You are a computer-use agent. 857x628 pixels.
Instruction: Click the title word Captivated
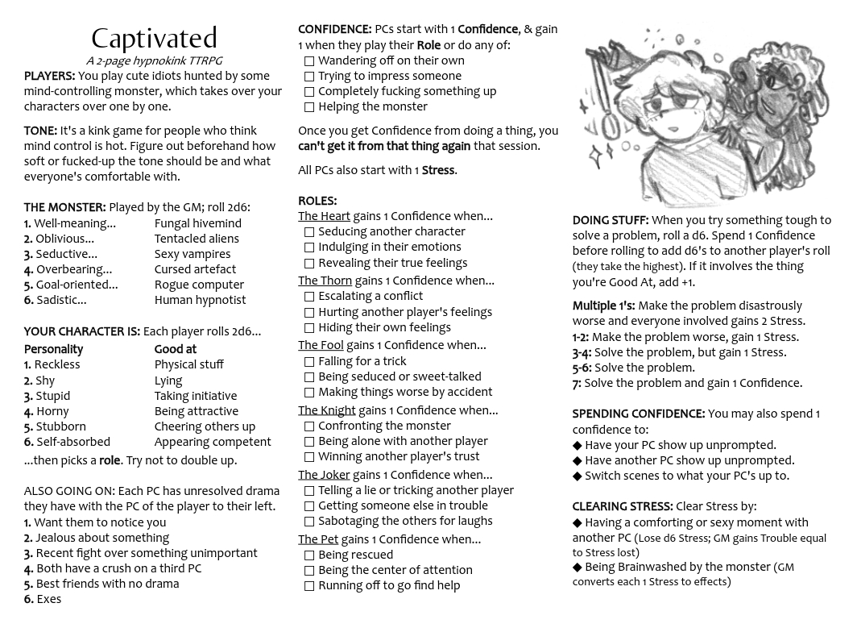pos(154,38)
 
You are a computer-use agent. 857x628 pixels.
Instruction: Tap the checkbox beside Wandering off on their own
pos(308,61)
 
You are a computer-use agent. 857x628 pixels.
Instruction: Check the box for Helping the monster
pos(308,107)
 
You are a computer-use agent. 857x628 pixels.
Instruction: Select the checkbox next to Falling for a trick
pos(308,362)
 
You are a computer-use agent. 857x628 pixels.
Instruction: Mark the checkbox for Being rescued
pos(308,555)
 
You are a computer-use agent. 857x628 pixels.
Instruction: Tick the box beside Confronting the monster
pos(308,426)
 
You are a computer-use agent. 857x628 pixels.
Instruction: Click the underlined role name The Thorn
pos(325,281)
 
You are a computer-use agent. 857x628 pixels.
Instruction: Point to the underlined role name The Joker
pos(324,475)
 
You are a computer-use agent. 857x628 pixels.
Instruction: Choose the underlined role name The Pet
pos(318,539)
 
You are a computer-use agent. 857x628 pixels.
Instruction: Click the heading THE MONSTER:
pos(64,207)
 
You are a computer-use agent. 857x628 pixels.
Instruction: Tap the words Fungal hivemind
pos(197,223)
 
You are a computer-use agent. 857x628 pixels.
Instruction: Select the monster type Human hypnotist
pos(200,300)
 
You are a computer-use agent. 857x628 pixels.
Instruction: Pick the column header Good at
pos(175,349)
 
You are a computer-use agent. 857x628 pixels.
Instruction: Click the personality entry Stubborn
pos(60,426)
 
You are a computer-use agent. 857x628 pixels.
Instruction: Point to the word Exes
pos(48,599)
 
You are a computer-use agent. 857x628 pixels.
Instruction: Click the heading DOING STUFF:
pos(610,220)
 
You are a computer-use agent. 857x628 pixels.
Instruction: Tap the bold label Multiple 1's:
pos(603,306)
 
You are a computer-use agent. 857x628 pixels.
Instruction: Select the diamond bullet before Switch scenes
pos(577,476)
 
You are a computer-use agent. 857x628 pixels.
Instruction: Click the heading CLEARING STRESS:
pos(622,506)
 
